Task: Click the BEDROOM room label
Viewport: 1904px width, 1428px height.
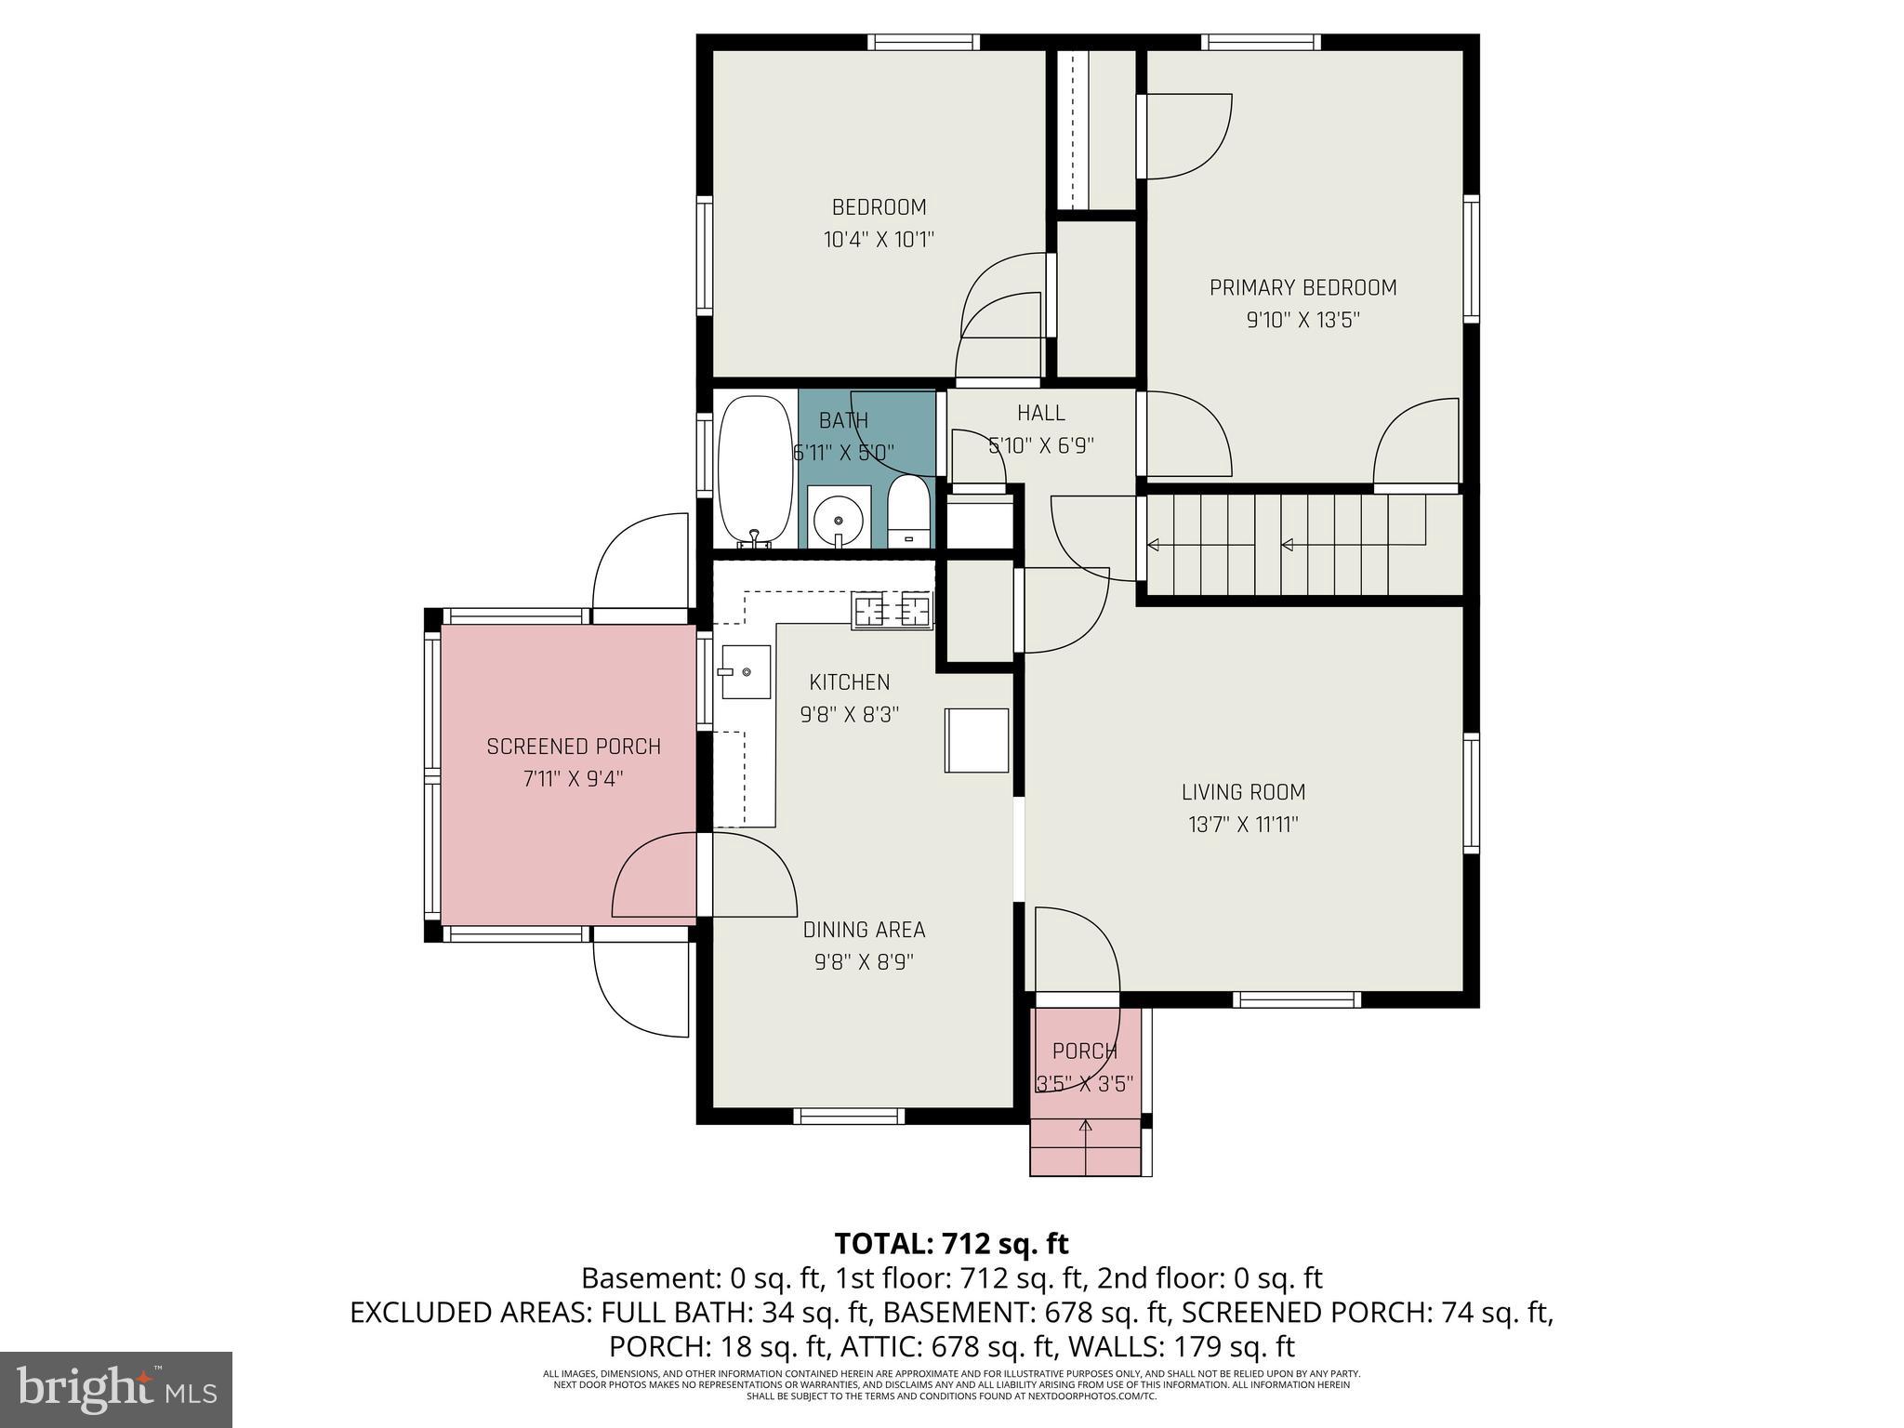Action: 879,207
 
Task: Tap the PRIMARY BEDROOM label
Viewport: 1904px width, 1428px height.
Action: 1302,288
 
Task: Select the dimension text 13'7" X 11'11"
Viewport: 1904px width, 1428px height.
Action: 1243,825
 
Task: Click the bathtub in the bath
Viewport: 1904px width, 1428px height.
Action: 756,471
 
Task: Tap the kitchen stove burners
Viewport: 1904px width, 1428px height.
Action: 892,611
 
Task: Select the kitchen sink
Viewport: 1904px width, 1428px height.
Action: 746,671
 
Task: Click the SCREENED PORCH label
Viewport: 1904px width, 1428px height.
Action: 574,747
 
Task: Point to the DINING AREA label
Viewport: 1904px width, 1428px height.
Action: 864,930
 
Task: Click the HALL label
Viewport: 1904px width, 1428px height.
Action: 1040,413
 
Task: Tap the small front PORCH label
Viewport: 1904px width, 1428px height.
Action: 1084,1051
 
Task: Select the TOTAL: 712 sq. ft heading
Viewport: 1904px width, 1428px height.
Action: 951,1244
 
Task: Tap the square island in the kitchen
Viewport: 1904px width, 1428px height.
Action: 976,740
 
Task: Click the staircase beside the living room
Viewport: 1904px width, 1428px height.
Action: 1302,545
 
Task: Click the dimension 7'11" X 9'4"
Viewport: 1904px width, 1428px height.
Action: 573,779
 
